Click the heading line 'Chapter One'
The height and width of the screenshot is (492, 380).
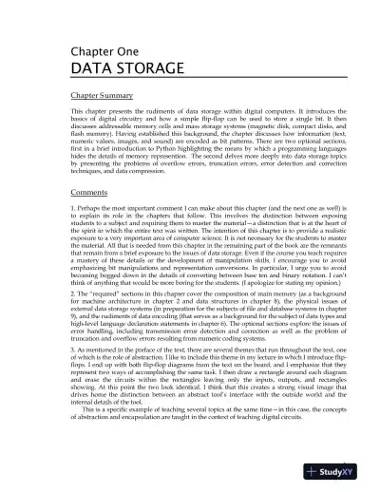point(100,53)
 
